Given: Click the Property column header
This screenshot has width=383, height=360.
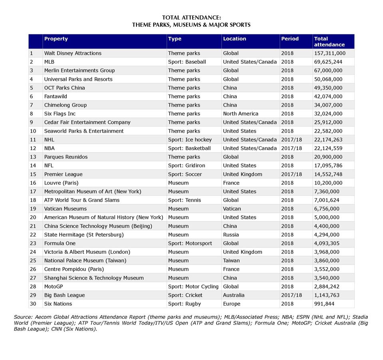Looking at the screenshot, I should pos(56,39).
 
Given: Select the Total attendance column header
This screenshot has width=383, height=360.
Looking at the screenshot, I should pos(329,42).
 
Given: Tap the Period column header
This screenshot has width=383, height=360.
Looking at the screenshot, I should pos(290,39).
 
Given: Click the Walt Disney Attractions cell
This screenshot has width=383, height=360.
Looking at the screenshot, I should pos(73,53).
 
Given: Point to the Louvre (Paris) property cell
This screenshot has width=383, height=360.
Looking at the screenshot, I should pos(61,183).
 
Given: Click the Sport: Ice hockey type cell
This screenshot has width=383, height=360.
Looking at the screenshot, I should pos(190,140).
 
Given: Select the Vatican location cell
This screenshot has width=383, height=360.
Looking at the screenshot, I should pos(232,209).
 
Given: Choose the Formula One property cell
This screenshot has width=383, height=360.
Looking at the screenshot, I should pos(60,243).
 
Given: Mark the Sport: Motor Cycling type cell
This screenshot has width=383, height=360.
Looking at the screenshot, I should pos(193,286).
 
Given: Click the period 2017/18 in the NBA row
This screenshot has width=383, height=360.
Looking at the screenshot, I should pos(292,148).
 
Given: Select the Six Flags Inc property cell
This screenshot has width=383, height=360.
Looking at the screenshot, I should pos(60,114).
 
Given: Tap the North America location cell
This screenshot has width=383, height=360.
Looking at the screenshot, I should pos(240,114).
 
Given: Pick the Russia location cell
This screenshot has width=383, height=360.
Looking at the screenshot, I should pos(231,235).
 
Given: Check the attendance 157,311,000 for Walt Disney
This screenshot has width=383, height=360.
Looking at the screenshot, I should pos(330,53).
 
